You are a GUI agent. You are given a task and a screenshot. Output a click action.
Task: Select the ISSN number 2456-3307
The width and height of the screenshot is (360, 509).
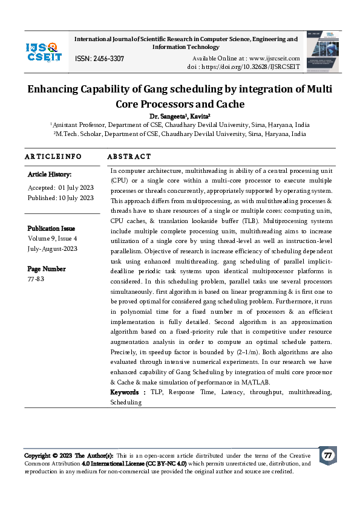click(x=100, y=58)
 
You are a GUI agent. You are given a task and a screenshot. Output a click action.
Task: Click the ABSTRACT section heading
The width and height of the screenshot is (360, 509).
click(x=129, y=157)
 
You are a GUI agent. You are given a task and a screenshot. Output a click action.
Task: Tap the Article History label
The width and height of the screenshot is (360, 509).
click(x=49, y=174)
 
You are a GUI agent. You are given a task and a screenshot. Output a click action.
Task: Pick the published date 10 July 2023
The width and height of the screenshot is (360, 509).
click(x=76, y=198)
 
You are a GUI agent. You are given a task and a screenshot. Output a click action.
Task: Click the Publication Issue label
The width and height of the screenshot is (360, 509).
click(x=51, y=229)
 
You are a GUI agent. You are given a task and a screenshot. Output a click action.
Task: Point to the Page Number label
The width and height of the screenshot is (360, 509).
click(x=46, y=269)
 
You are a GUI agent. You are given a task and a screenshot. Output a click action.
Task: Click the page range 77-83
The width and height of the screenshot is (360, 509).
click(x=36, y=279)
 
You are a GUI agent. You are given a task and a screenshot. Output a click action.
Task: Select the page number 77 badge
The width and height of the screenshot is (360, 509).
click(x=328, y=455)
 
